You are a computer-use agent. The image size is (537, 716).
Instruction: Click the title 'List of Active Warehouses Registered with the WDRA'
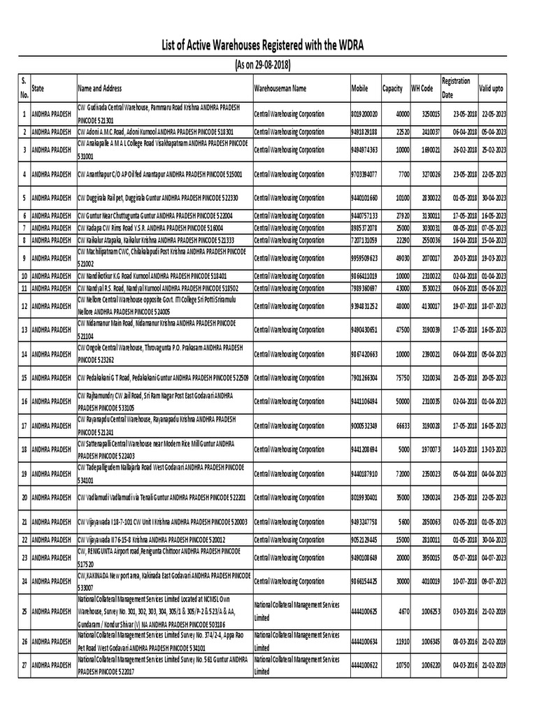click(x=269, y=46)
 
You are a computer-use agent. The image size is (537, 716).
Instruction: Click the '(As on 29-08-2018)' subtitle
click(x=269, y=64)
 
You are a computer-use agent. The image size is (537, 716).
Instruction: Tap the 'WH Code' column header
click(x=422, y=89)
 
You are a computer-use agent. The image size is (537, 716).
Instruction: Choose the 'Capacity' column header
click(x=392, y=89)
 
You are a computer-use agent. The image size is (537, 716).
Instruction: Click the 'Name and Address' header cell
click(x=100, y=89)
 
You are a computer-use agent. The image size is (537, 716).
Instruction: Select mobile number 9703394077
click(x=364, y=174)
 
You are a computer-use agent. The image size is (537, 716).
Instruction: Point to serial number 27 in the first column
click(x=24, y=668)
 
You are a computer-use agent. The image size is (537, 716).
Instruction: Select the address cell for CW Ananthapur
click(x=160, y=174)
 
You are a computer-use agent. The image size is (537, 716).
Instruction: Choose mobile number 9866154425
click(x=364, y=582)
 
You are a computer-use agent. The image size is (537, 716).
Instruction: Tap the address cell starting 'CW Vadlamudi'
click(x=162, y=497)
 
